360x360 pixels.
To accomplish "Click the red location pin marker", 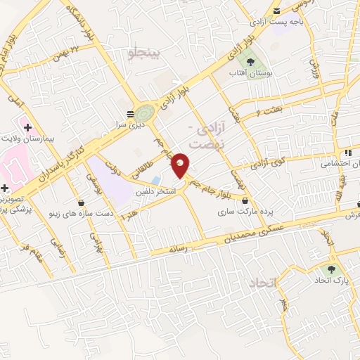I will coord(181,165).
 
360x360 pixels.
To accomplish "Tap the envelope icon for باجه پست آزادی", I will coord(277,11).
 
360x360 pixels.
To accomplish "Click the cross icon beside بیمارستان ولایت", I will coord(27,127).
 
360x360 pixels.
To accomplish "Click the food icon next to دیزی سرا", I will coord(130,113).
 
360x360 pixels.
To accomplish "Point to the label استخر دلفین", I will coord(156,191).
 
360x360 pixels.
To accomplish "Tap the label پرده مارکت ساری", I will coord(244,211).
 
